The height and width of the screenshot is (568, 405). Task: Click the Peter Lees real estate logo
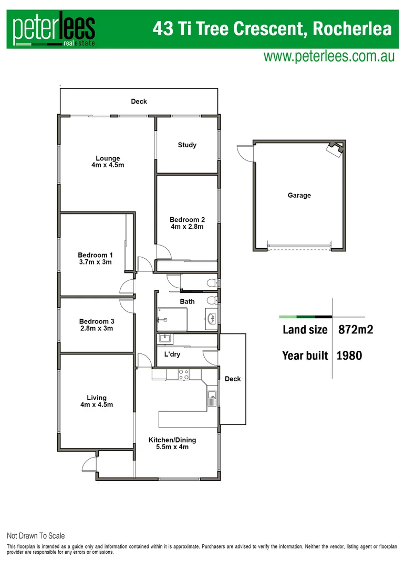54,31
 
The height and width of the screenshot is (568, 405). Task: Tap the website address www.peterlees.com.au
329,57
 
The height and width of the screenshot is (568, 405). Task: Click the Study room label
187,145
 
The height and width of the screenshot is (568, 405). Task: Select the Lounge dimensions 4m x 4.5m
108,165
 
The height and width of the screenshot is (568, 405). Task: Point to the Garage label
299,196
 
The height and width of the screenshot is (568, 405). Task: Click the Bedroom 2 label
187,220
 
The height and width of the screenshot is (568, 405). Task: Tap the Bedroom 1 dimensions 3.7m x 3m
95,262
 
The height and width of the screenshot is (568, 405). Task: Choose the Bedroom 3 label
97,321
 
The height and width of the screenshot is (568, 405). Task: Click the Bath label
187,301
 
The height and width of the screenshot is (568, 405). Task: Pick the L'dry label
173,354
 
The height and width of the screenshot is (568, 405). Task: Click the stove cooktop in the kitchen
184,374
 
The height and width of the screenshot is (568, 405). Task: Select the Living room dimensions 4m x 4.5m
97,405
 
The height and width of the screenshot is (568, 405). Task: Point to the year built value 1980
349,356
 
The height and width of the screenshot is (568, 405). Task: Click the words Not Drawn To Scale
36,536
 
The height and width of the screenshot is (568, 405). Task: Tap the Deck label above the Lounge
139,102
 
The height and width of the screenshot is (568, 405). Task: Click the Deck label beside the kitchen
233,379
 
